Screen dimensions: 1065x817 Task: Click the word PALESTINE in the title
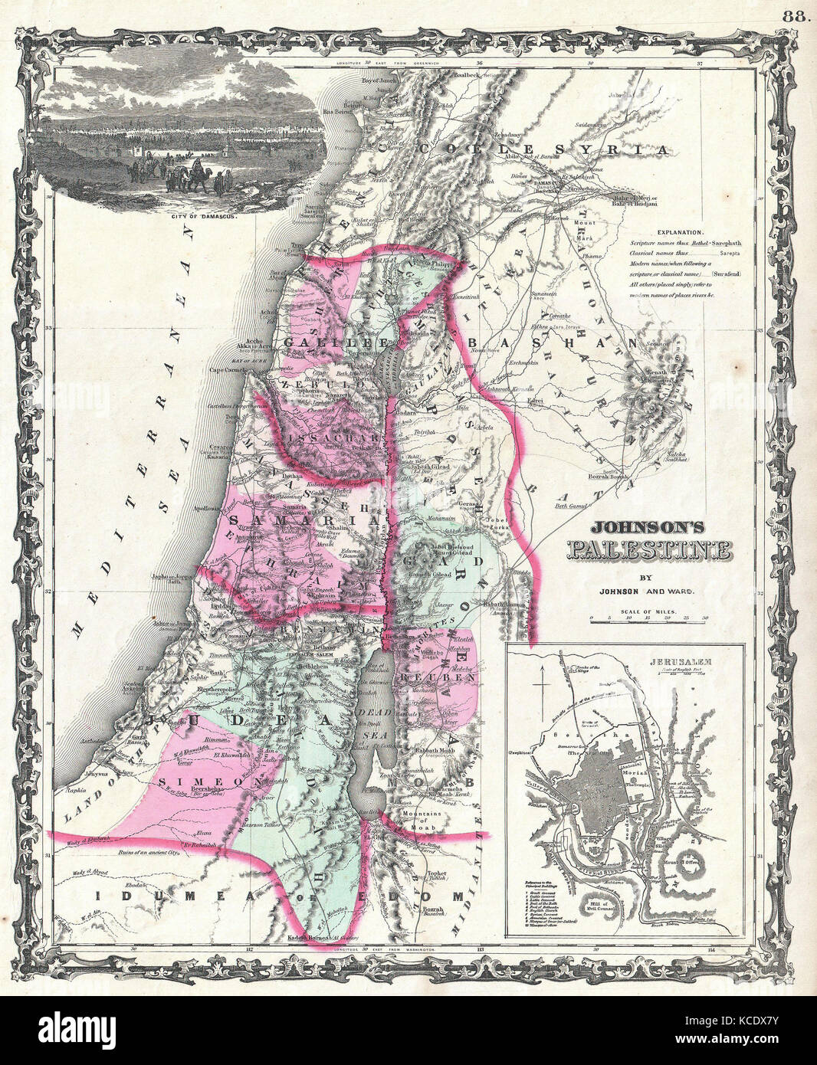click(648, 550)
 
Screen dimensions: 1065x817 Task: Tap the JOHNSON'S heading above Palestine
click(648, 529)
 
